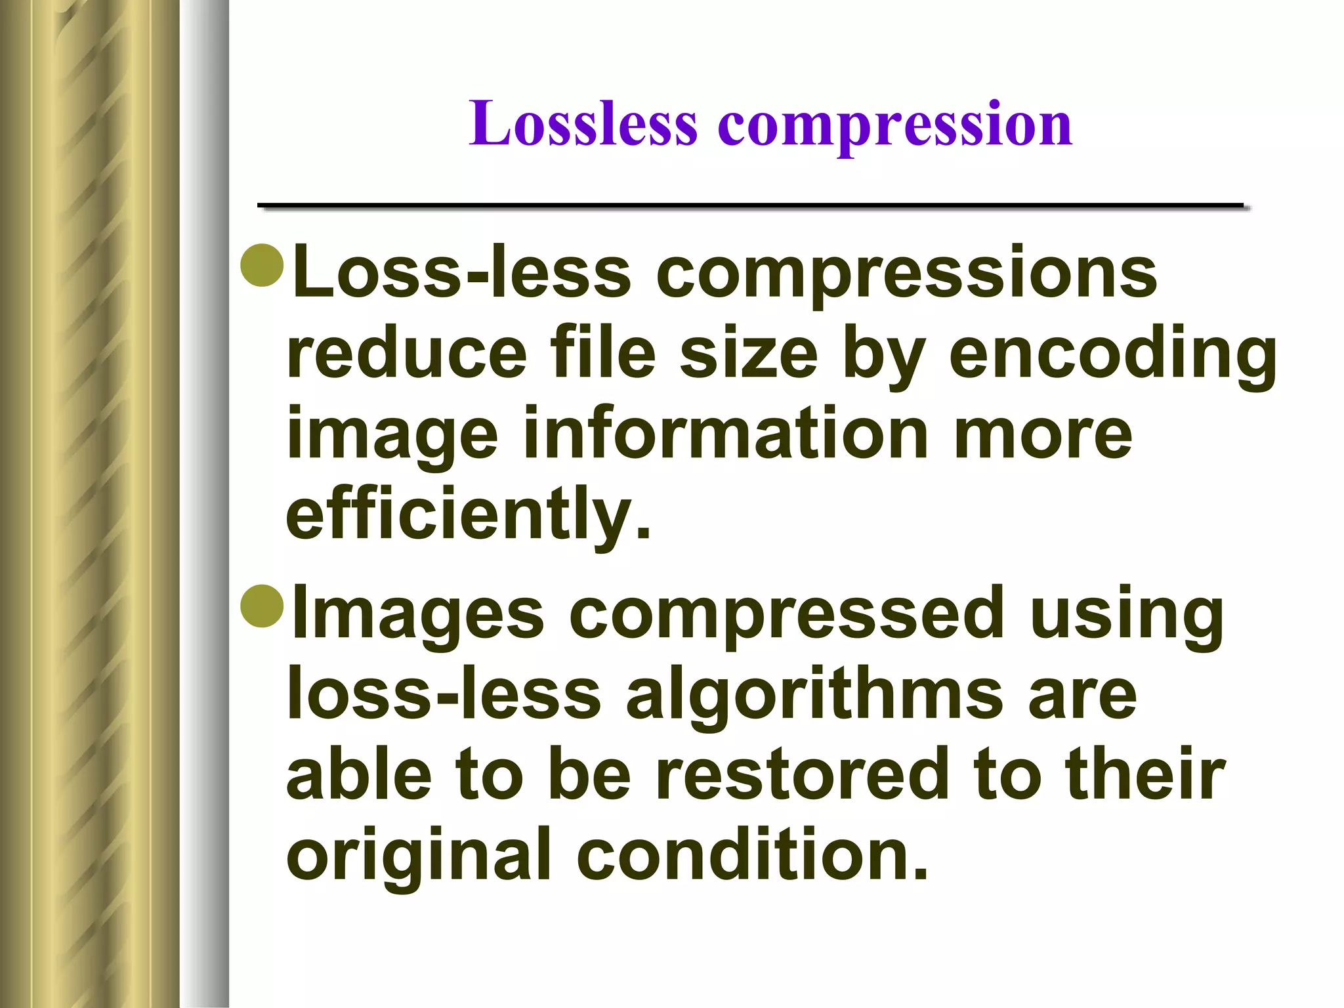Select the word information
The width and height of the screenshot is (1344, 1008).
[725, 433]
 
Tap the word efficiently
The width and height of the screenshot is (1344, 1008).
[468, 515]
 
